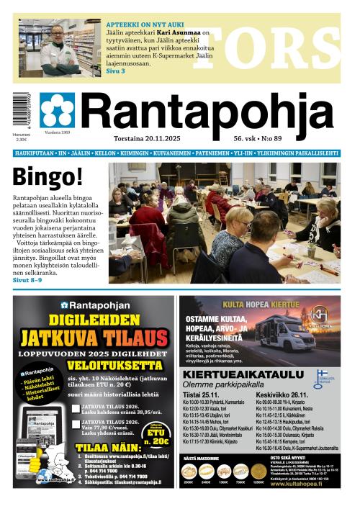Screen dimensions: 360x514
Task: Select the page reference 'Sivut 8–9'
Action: pos(27,280)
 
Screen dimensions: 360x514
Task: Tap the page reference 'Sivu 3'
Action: pos(115,71)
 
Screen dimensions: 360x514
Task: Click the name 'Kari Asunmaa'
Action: pos(180,33)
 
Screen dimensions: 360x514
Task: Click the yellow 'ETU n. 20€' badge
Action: pos(156,437)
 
